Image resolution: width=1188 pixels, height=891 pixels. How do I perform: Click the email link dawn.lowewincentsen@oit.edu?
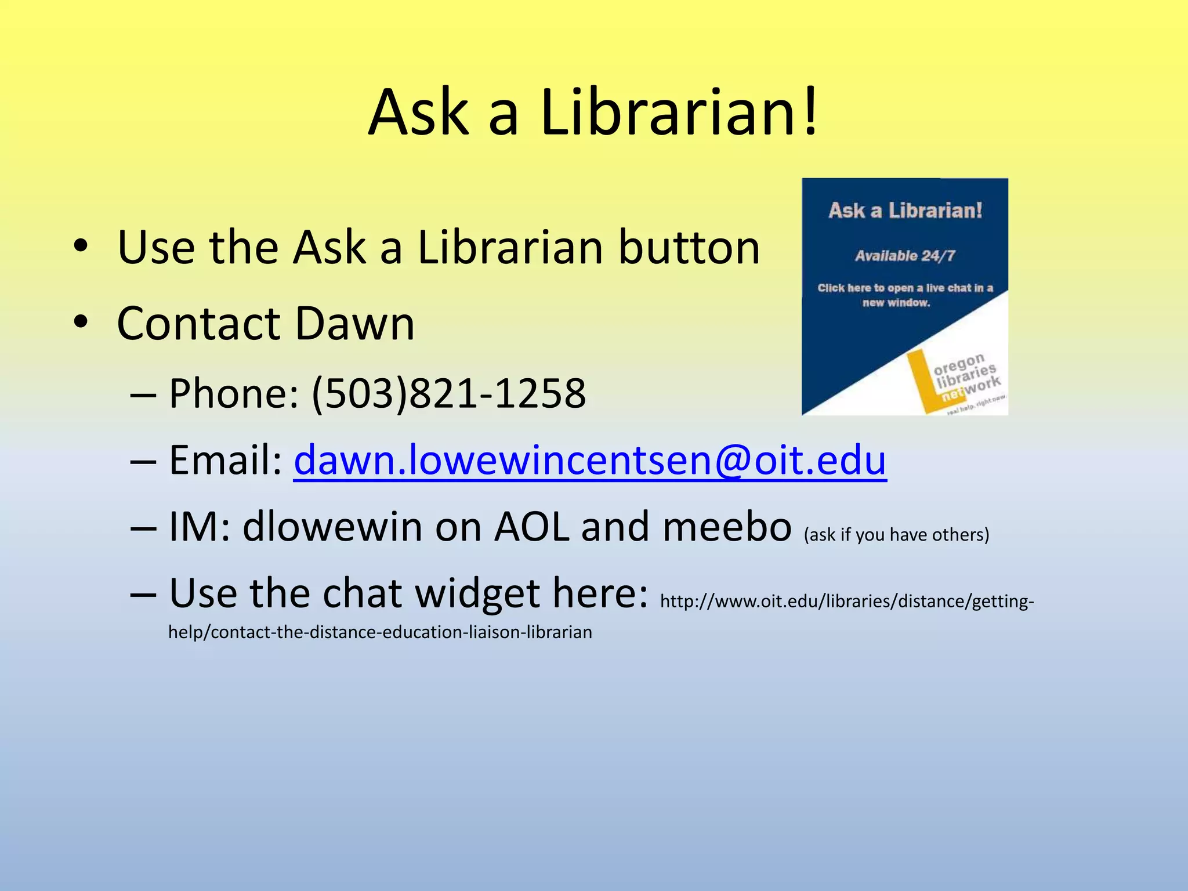(590, 460)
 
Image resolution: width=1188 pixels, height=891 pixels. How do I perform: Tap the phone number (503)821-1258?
(448, 394)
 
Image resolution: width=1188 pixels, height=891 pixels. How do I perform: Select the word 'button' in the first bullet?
(689, 248)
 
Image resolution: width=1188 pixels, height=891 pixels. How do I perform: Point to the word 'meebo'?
(727, 527)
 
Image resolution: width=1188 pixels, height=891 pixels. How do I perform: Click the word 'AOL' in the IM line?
(531, 527)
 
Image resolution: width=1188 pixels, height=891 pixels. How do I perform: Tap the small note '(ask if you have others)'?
(896, 534)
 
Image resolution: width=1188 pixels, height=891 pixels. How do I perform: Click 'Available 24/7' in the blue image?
(904, 256)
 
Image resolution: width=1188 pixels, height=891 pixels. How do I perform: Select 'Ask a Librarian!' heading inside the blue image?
(905, 211)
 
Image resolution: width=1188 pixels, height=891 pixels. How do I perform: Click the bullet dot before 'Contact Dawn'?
(81, 321)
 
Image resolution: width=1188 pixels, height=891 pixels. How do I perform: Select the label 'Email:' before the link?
(225, 460)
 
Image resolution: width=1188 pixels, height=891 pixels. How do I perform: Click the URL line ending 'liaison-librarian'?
(380, 632)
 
